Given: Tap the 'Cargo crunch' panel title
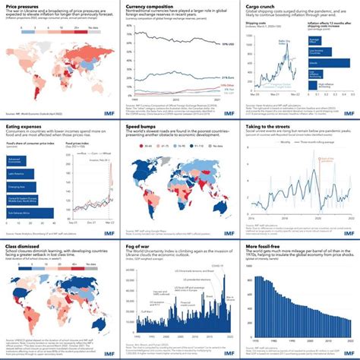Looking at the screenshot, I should [x=262, y=6].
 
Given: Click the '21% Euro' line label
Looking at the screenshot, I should [x=226, y=77].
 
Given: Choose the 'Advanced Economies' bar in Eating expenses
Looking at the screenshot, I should [x=23, y=160].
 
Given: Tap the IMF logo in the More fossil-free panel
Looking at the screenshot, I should [x=348, y=351].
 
